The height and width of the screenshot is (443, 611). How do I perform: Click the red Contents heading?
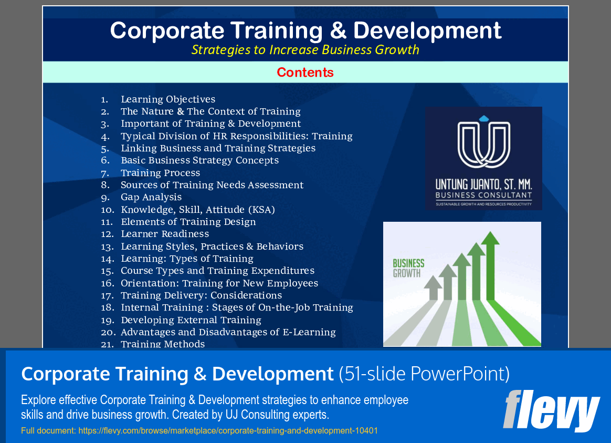(305, 73)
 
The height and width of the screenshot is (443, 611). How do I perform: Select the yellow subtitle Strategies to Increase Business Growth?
(305, 50)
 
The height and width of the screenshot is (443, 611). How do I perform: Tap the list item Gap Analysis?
(151, 197)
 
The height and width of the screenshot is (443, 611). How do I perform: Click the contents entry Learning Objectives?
(168, 99)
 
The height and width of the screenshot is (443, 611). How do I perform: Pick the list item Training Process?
(160, 173)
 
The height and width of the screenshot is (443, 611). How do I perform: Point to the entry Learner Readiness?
(165, 234)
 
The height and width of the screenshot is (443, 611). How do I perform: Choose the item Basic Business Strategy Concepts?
(199, 160)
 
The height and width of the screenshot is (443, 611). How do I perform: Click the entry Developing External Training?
(191, 320)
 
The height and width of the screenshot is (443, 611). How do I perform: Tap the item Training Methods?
(163, 344)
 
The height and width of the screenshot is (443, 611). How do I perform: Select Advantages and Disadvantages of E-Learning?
(228, 332)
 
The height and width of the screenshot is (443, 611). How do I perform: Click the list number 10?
(107, 210)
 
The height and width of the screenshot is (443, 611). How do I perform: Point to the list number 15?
(107, 271)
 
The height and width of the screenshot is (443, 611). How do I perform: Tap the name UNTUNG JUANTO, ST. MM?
(483, 184)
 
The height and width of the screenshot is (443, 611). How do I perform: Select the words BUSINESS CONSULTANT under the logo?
(483, 195)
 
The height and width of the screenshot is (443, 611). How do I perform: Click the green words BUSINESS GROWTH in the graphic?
(408, 268)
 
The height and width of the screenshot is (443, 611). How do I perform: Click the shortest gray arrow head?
(433, 283)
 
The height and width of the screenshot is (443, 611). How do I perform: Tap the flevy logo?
(551, 410)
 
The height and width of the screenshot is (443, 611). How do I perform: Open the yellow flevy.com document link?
(199, 431)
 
